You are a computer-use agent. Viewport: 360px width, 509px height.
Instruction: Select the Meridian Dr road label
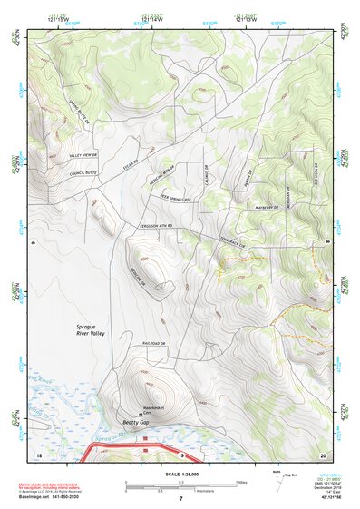[284, 191]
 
